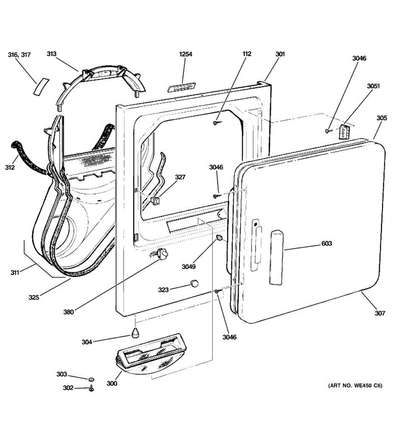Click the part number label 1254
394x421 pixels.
point(186,54)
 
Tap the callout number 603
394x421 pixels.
point(326,243)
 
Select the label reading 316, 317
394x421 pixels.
point(19,55)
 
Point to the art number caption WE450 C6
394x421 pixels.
point(355,386)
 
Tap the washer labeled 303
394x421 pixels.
point(91,379)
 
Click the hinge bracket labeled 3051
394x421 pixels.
point(344,132)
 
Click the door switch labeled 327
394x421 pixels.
point(155,201)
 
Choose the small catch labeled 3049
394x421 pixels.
point(220,239)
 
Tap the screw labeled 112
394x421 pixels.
point(216,122)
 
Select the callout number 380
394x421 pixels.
point(69,311)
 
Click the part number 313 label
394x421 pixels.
point(51,54)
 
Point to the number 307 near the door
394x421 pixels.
point(380,313)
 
